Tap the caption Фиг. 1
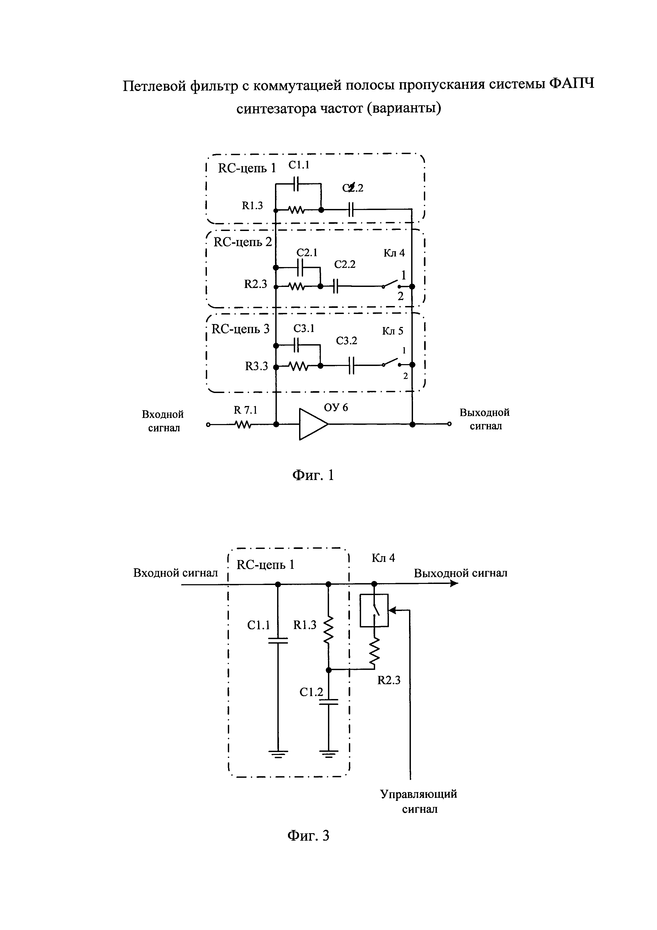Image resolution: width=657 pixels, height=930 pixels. coord(313,474)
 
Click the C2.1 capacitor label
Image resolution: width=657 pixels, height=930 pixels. coord(307,253)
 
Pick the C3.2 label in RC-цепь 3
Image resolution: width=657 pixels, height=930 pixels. coord(346,341)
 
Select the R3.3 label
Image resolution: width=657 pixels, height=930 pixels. coord(256,366)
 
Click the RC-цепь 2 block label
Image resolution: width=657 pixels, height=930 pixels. coord(243,242)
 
